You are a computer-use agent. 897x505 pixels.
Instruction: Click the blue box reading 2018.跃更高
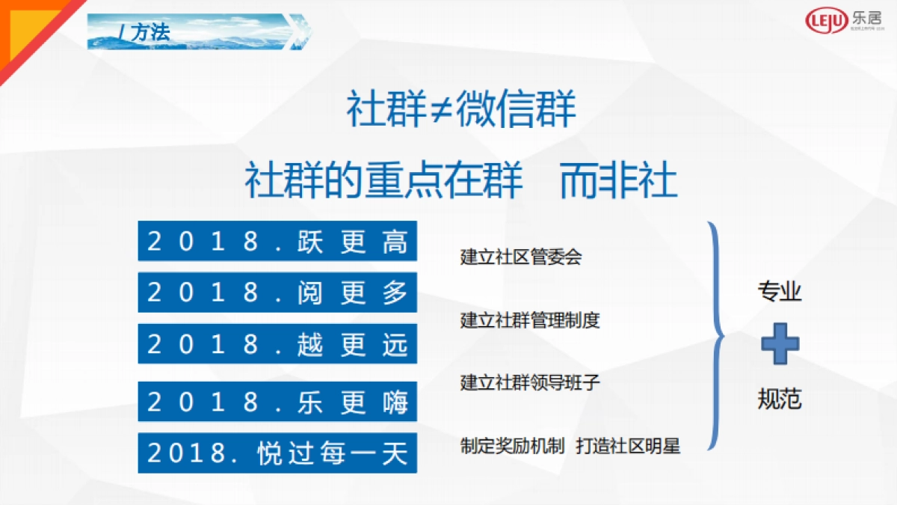pos(277,242)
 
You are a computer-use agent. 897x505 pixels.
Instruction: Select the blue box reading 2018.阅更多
pos(277,293)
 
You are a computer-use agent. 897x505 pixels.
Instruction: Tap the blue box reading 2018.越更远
pos(277,344)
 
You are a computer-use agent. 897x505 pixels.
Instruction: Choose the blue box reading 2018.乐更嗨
pos(277,402)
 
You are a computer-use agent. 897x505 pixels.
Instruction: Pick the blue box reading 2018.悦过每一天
pos(277,453)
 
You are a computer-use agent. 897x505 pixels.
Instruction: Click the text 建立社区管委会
pos(521,257)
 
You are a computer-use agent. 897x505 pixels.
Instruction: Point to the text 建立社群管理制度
pos(530,320)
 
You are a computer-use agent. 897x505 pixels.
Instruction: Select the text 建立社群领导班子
pos(530,382)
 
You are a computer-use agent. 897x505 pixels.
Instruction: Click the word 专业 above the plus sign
pos(780,292)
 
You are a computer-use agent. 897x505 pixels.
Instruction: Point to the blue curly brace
pos(715,335)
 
